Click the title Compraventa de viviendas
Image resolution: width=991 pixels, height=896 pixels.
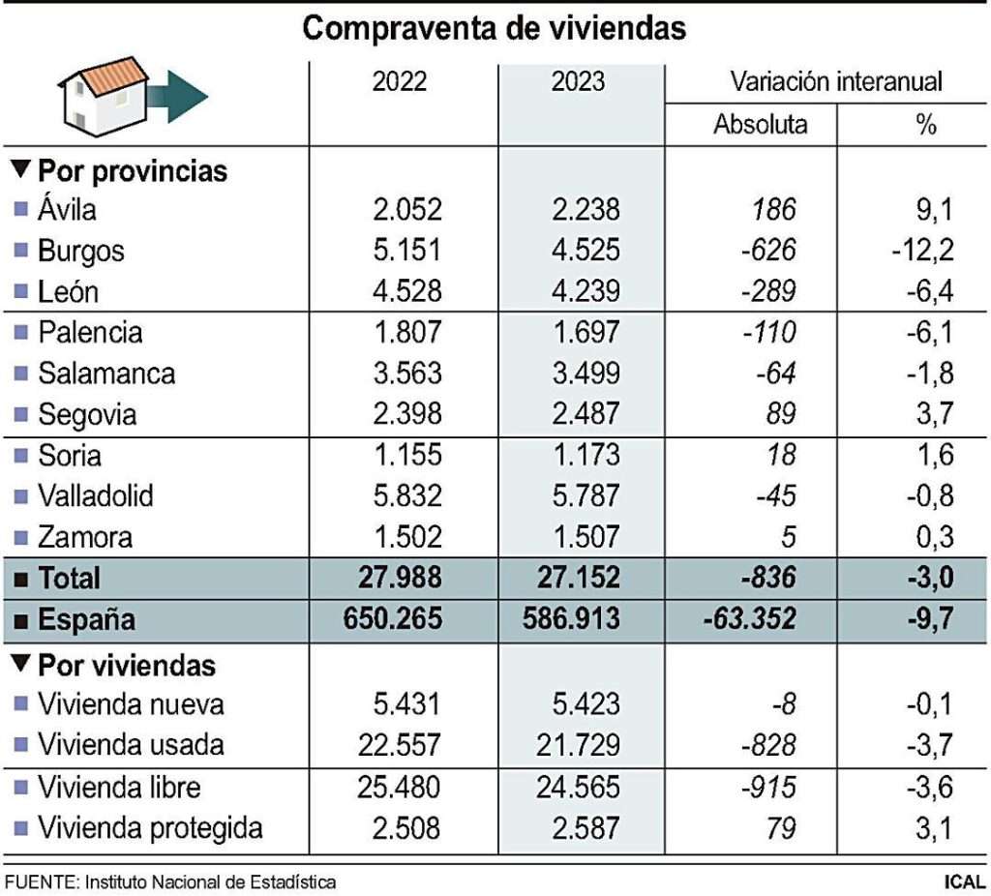[495, 29]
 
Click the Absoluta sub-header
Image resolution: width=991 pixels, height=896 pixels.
[760, 125]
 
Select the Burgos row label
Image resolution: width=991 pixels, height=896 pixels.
[81, 252]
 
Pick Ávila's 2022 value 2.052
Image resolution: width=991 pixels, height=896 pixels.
[407, 210]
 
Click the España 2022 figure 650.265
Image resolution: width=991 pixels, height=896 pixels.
[393, 619]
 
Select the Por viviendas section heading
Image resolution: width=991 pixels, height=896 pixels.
[126, 666]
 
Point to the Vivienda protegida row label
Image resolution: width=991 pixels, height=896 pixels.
[150, 828]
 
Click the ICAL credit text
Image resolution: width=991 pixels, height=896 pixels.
[965, 882]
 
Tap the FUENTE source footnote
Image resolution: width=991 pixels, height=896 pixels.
[170, 882]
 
